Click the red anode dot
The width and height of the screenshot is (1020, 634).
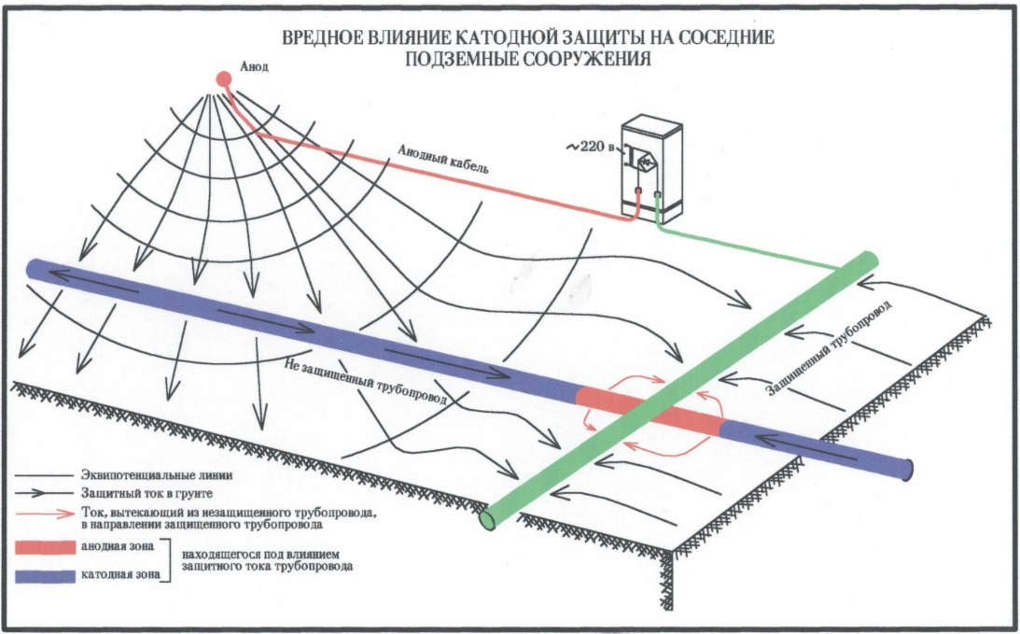click(224, 79)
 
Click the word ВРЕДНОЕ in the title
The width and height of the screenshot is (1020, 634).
click(316, 39)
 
